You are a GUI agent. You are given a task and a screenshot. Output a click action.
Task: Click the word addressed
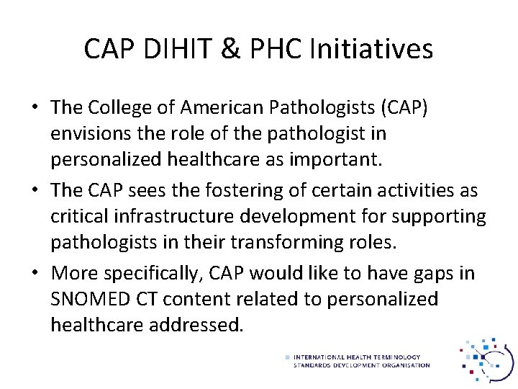(196, 325)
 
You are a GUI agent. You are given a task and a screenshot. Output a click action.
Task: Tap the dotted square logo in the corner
(487, 357)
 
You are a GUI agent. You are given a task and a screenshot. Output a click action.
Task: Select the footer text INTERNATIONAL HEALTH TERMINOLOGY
(357, 357)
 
